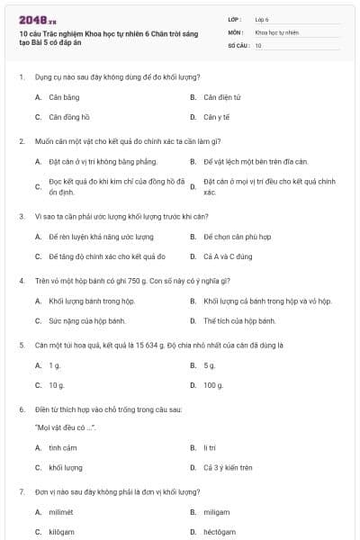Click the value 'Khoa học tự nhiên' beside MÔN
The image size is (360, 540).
click(275, 31)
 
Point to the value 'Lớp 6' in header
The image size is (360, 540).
click(262, 18)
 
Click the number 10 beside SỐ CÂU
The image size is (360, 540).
click(258, 45)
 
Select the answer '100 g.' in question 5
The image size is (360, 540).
click(213, 385)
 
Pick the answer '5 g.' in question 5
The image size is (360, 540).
click(210, 365)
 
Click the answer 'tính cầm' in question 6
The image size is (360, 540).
click(63, 447)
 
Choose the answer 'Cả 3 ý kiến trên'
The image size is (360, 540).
click(228, 468)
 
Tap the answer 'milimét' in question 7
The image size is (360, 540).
click(63, 512)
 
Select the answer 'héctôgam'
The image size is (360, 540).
click(220, 532)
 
